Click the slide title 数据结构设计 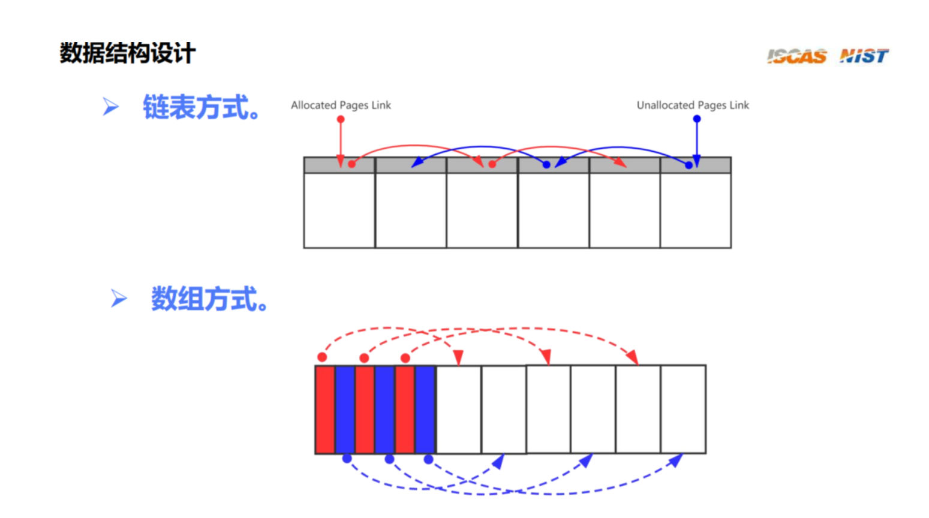pyautogui.click(x=128, y=53)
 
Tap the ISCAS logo pyautogui.click(x=796, y=56)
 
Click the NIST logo pyautogui.click(x=864, y=56)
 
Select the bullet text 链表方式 pyautogui.click(x=202, y=108)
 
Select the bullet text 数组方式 pyautogui.click(x=209, y=299)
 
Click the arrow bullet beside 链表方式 pyautogui.click(x=110, y=107)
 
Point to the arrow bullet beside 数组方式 pyautogui.click(x=119, y=298)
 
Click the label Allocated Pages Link pyautogui.click(x=341, y=106)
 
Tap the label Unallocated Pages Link pyautogui.click(x=693, y=106)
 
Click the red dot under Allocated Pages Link pyautogui.click(x=341, y=119)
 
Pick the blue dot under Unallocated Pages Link pyautogui.click(x=697, y=119)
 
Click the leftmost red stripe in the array pyautogui.click(x=325, y=409)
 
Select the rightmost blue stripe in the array pyautogui.click(x=425, y=409)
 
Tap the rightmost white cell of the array pyautogui.click(x=683, y=409)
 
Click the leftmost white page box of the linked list pyautogui.click(x=339, y=210)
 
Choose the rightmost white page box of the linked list pyautogui.click(x=696, y=210)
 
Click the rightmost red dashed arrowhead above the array pyautogui.click(x=632, y=358)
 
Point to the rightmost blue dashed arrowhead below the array pyautogui.click(x=676, y=460)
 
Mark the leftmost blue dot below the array pyautogui.click(x=347, y=459)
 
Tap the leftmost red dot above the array pyautogui.click(x=322, y=357)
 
